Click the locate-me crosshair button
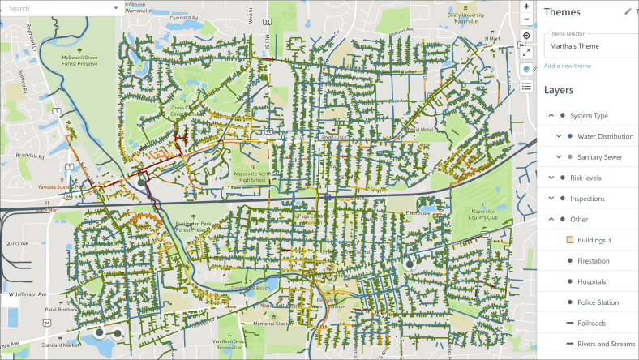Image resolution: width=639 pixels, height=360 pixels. click(x=526, y=36)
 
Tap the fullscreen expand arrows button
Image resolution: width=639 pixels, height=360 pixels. click(x=526, y=52)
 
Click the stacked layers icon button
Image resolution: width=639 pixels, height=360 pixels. click(x=526, y=69)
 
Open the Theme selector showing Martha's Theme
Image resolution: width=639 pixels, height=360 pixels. click(x=589, y=46)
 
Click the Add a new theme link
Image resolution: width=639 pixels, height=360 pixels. click(x=568, y=66)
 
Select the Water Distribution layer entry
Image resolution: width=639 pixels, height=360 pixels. click(x=605, y=136)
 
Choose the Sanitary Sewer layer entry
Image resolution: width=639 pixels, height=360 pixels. click(x=599, y=156)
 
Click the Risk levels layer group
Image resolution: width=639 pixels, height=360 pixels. click(x=587, y=178)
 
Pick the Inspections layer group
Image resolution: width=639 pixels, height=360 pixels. click(x=587, y=199)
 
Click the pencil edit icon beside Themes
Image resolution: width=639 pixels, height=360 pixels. click(x=627, y=11)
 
